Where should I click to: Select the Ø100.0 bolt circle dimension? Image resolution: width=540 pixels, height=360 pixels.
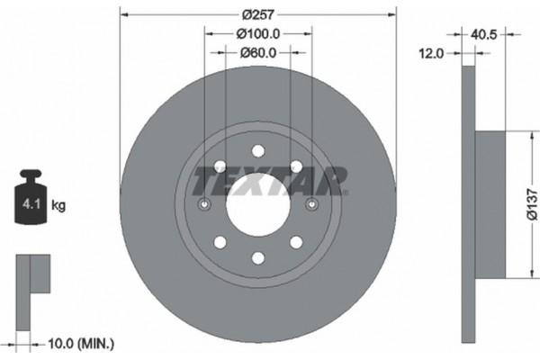tap(258, 34)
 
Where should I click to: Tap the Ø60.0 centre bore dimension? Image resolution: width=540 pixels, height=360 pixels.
tap(258, 52)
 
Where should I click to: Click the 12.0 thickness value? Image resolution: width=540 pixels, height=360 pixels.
tap(434, 54)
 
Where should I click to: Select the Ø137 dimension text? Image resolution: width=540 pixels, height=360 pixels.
tap(531, 204)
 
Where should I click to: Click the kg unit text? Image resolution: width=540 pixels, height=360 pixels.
tap(58, 206)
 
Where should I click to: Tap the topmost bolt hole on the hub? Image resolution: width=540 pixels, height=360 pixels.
tap(258, 151)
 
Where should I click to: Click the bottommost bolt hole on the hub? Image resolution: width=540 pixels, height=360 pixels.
tap(258, 258)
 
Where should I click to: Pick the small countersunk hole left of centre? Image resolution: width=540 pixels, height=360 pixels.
tap(204, 205)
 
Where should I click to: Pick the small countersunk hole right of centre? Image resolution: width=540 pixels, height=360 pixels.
tap(312, 205)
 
